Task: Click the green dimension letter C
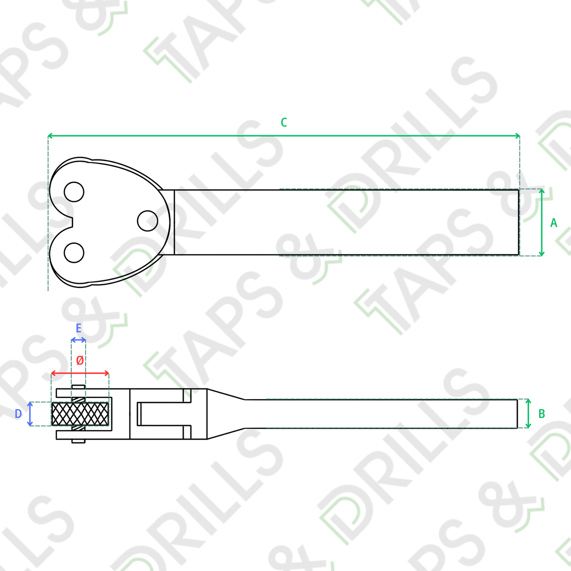coord(284,122)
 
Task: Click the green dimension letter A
coord(553,223)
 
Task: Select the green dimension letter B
coord(541,413)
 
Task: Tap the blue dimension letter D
coord(18,413)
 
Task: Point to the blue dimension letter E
coord(79,328)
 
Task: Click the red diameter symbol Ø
coord(80,360)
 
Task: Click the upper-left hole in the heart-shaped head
coord(74,192)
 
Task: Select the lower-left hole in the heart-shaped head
coord(74,253)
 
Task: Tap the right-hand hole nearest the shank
coord(147,221)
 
